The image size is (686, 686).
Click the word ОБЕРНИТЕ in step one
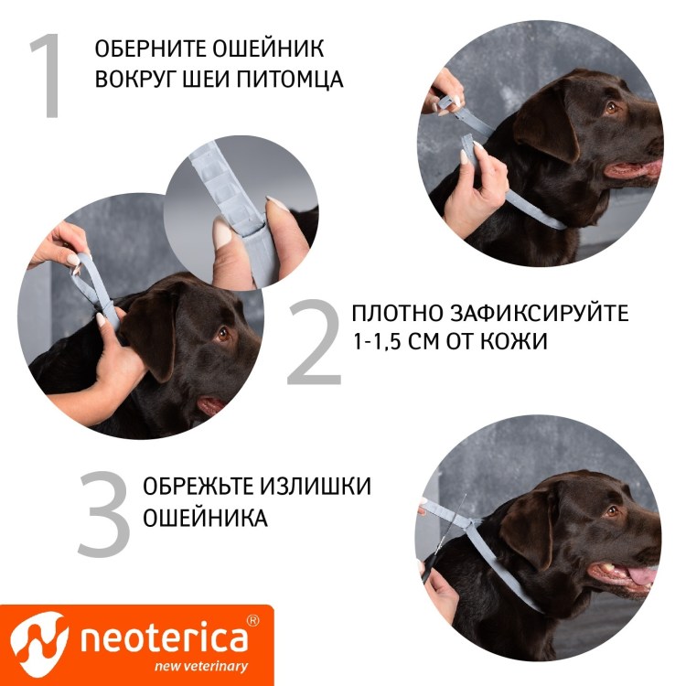click(145, 49)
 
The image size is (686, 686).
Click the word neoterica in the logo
click(164, 638)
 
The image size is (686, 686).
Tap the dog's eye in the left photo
click(222, 335)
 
